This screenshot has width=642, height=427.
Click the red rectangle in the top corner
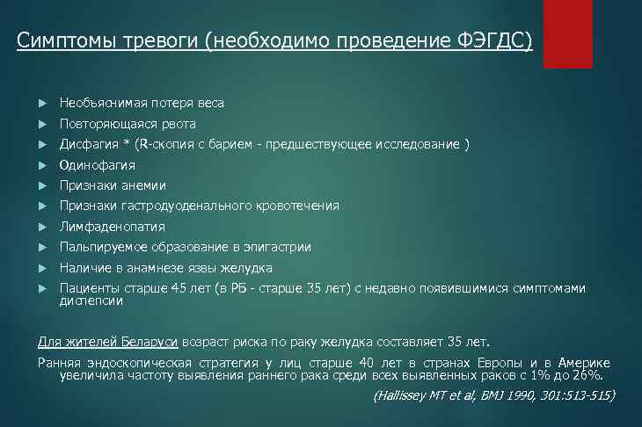click(x=567, y=33)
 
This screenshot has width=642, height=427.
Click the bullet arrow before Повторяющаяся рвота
click(x=44, y=124)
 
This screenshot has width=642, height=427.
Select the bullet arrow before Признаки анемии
click(x=44, y=185)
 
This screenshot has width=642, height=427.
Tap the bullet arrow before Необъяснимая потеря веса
click(x=44, y=104)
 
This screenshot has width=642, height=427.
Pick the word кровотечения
click(x=295, y=206)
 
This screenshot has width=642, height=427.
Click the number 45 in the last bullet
click(x=180, y=287)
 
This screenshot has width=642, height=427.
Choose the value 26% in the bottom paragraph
click(x=601, y=375)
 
